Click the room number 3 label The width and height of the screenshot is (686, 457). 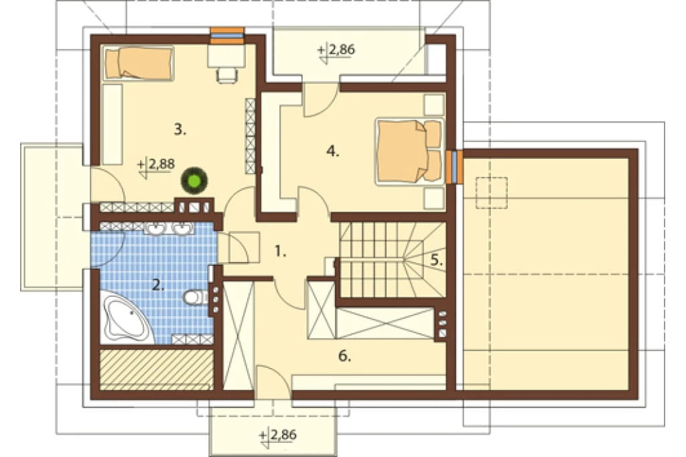click(x=180, y=129)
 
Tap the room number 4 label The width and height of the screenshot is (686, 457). click(x=332, y=151)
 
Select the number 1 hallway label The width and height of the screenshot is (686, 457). click(x=280, y=251)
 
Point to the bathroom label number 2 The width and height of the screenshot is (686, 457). click(x=158, y=285)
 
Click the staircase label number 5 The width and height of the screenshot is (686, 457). click(x=437, y=260)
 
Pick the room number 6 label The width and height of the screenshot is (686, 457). click(x=344, y=356)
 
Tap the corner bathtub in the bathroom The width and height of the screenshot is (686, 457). click(x=126, y=318)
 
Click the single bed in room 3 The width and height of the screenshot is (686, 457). click(x=138, y=64)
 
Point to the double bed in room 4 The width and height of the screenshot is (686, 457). click(x=409, y=151)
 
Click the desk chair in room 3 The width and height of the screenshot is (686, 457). click(x=226, y=75)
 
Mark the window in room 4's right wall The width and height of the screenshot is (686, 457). click(x=454, y=167)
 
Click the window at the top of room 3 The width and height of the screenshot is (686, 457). click(x=227, y=36)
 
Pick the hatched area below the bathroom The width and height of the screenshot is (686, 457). click(x=157, y=369)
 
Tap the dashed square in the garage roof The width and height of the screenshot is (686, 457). click(x=491, y=192)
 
